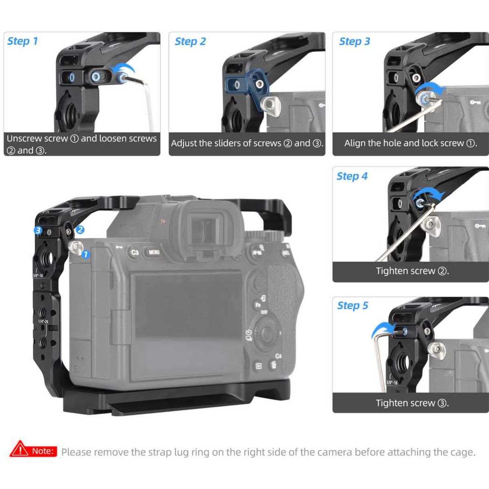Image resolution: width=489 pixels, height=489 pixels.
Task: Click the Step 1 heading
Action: tap(22, 41)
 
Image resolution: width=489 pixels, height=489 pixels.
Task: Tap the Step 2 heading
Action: tap(190, 42)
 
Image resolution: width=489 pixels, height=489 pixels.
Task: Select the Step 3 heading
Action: tap(354, 42)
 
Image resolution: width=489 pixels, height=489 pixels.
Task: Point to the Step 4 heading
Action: tap(352, 176)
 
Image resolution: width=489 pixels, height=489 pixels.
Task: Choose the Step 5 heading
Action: tap(352, 306)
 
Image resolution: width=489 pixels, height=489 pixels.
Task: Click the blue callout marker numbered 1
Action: tap(86, 255)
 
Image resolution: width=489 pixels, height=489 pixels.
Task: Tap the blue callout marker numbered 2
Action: tap(80, 230)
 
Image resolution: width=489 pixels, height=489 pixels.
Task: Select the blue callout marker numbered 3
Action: tap(38, 231)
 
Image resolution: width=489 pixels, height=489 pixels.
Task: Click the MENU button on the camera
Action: tap(154, 252)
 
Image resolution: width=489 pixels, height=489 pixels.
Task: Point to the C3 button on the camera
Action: tap(135, 252)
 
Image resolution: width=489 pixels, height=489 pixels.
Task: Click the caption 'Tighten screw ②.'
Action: tap(412, 271)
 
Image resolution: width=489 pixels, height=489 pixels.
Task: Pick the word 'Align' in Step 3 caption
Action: tap(355, 143)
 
